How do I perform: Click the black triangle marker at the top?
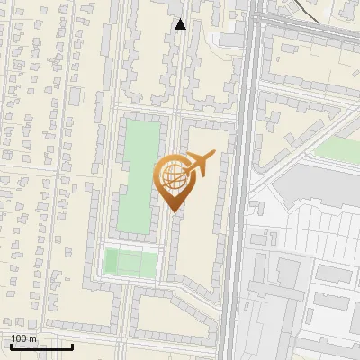click(180, 24)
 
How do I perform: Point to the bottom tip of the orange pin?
click(175, 211)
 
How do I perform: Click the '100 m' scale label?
click(23, 338)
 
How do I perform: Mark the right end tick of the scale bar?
click(72, 346)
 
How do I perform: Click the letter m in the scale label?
click(32, 338)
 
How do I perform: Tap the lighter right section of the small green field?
click(143, 263)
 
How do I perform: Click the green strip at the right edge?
click(337, 148)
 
